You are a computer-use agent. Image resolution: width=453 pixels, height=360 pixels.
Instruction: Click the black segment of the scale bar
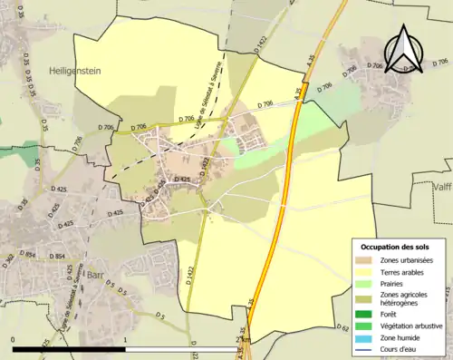(x=69, y=348)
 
